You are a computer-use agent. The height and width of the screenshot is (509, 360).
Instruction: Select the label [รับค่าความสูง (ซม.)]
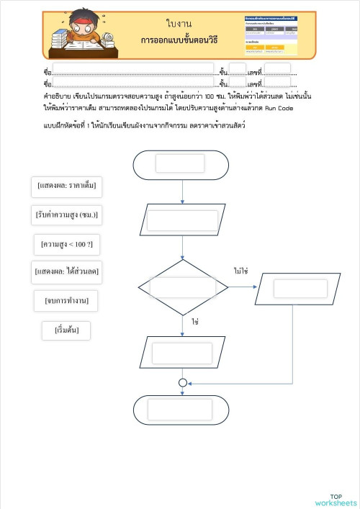66,215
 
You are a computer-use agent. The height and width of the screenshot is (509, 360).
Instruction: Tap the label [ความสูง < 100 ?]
66,245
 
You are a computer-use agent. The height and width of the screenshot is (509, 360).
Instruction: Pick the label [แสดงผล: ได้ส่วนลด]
66,272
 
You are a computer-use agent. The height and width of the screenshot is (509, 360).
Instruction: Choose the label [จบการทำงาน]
66,299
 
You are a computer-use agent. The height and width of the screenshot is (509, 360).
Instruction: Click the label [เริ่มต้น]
67,330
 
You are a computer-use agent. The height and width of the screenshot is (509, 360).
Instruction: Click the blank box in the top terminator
180,163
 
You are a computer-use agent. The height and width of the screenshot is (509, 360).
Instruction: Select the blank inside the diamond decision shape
182,287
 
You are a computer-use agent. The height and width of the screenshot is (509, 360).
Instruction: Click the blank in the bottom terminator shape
180,410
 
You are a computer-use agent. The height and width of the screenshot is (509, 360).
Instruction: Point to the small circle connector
183,383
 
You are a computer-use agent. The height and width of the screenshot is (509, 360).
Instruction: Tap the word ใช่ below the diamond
194,322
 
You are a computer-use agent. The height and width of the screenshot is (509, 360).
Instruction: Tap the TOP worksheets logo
336,500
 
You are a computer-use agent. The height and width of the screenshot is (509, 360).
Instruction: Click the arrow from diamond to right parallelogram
243,287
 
